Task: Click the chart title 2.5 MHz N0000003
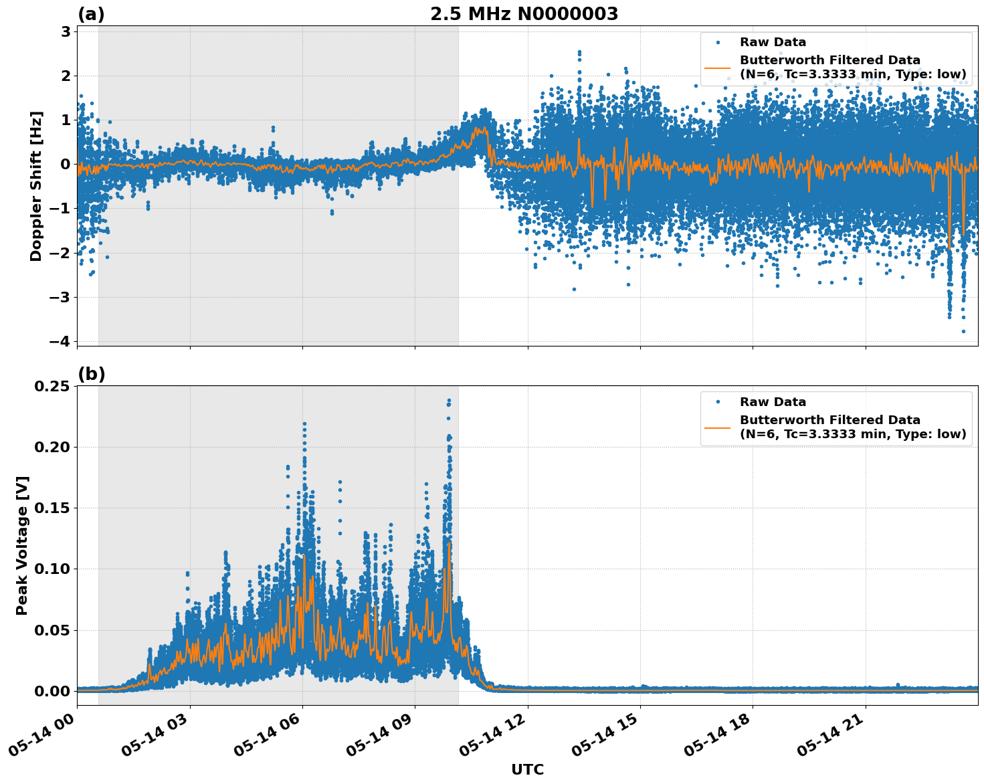[524, 14]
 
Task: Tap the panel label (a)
[91, 14]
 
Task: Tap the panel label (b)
[91, 374]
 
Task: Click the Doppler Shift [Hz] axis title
[36, 186]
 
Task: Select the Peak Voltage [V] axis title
[22, 545]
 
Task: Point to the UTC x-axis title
[527, 769]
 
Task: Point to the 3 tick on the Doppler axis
[66, 31]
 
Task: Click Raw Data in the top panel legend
[773, 42]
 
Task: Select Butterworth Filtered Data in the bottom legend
[829, 420]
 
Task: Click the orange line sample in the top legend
[717, 67]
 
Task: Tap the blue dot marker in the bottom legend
[717, 402]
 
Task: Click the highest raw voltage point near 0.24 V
[449, 401]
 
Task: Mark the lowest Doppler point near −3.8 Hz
[963, 331]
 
